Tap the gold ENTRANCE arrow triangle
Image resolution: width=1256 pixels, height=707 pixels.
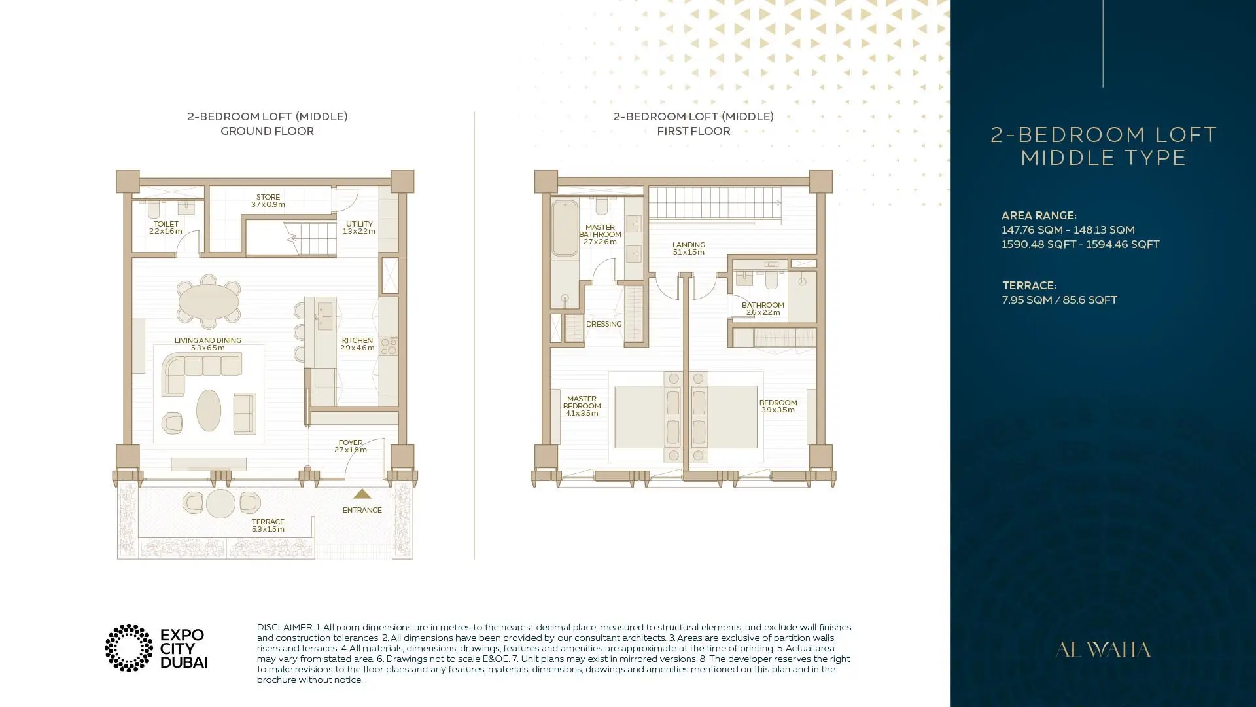click(362, 494)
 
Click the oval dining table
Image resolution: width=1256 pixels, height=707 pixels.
click(209, 301)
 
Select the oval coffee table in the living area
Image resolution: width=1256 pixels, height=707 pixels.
click(209, 410)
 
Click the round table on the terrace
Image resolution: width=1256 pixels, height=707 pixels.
click(220, 504)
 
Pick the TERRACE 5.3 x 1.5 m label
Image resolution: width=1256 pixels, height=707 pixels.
click(268, 525)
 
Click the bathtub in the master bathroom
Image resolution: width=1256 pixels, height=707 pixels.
click(565, 228)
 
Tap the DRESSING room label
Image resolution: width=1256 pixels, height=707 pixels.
click(604, 324)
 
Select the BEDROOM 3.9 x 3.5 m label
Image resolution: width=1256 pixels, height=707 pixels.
click(778, 406)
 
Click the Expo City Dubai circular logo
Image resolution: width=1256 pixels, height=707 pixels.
click(129, 648)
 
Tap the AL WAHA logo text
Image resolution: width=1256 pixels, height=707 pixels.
click(1103, 649)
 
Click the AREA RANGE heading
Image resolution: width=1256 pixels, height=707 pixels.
click(1039, 215)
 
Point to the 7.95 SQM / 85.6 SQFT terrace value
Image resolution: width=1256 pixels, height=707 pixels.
click(1060, 300)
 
